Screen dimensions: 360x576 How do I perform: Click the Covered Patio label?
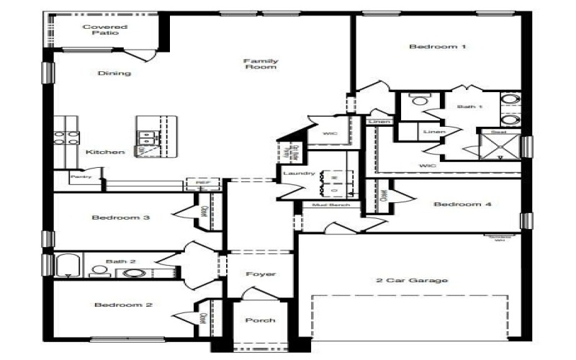pos(99,30)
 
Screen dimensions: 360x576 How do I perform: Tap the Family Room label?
pos(261,64)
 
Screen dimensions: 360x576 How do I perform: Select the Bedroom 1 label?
pos(438,47)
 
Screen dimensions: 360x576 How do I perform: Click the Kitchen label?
pos(105,152)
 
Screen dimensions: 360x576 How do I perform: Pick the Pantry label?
pos(80,176)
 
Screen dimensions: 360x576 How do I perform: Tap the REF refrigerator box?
pos(202,184)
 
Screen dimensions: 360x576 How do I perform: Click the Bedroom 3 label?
pos(120,217)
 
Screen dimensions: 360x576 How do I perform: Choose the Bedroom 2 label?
pos(123,305)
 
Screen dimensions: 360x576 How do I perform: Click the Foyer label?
pos(261,274)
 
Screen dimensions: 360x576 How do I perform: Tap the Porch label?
pos(260,320)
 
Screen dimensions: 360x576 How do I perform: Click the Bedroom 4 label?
pos(462,204)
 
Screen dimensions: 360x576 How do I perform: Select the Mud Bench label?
pos(331,205)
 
